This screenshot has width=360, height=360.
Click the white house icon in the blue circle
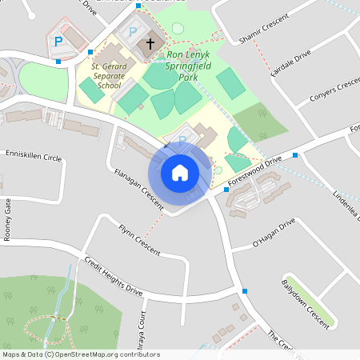coord(180,173)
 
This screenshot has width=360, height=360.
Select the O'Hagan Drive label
coord(274,231)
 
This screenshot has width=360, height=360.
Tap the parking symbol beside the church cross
coord(133,32)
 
